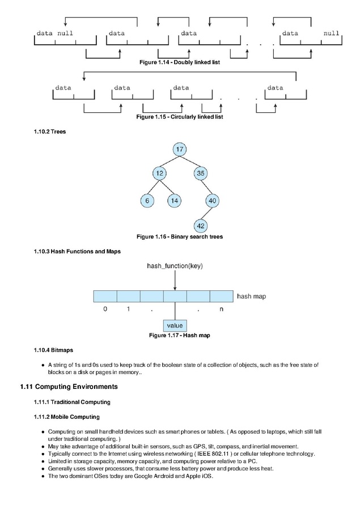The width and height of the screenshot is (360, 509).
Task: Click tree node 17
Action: [x=180, y=149]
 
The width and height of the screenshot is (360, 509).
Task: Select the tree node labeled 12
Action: [x=159, y=173]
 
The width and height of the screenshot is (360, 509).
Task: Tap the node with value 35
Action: [x=201, y=173]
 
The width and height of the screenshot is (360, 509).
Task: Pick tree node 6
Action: [x=147, y=201]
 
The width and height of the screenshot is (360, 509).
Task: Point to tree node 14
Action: [x=174, y=201]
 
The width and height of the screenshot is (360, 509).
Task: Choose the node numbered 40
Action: [x=212, y=201]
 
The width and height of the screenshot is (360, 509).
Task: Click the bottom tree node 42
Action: [x=201, y=226]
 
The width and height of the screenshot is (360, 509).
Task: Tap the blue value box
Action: [x=175, y=325]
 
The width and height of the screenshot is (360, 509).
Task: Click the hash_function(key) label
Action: [x=175, y=266]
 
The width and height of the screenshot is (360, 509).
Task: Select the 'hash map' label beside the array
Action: [x=251, y=296]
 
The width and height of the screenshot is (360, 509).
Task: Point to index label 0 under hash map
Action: [x=105, y=309]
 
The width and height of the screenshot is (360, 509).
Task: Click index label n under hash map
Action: [x=222, y=309]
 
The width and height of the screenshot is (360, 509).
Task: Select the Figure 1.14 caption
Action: [x=180, y=62]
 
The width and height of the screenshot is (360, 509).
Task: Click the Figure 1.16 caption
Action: [x=180, y=237]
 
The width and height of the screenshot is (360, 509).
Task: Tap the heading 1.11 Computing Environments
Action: [x=69, y=387]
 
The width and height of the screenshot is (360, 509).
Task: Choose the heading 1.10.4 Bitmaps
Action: [x=53, y=350]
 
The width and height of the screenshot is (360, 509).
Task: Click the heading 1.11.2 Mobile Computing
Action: [x=66, y=417]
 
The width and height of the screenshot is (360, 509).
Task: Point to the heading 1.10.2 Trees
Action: [x=50, y=132]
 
